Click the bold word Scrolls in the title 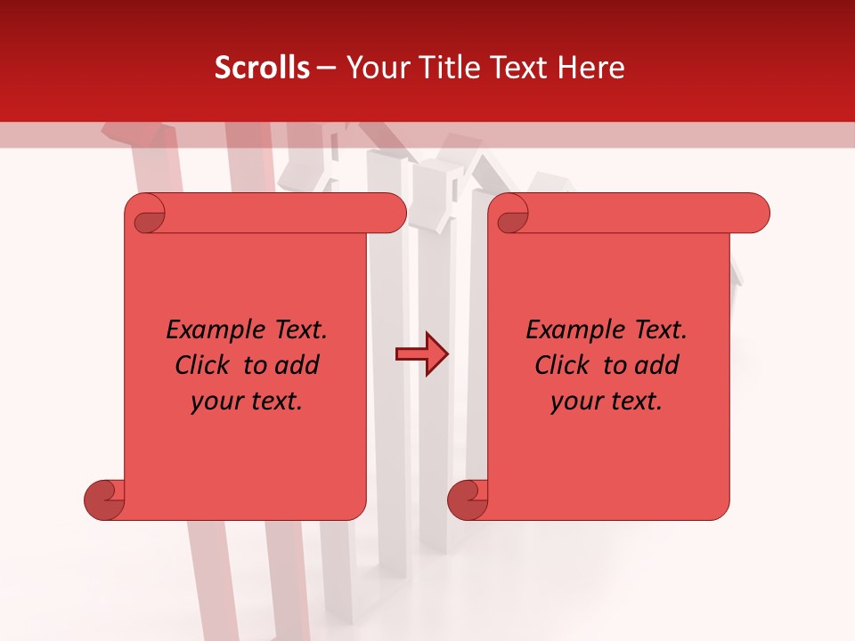pyautogui.click(x=262, y=68)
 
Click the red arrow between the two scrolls pyautogui.click(x=422, y=354)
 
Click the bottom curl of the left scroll pyautogui.click(x=104, y=499)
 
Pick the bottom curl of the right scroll pyautogui.click(x=468, y=499)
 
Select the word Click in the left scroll pyautogui.click(x=204, y=365)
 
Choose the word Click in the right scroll pyautogui.click(x=564, y=365)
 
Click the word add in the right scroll pyautogui.click(x=657, y=365)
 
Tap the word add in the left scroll pyautogui.click(x=297, y=365)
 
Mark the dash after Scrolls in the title pyautogui.click(x=326, y=68)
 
